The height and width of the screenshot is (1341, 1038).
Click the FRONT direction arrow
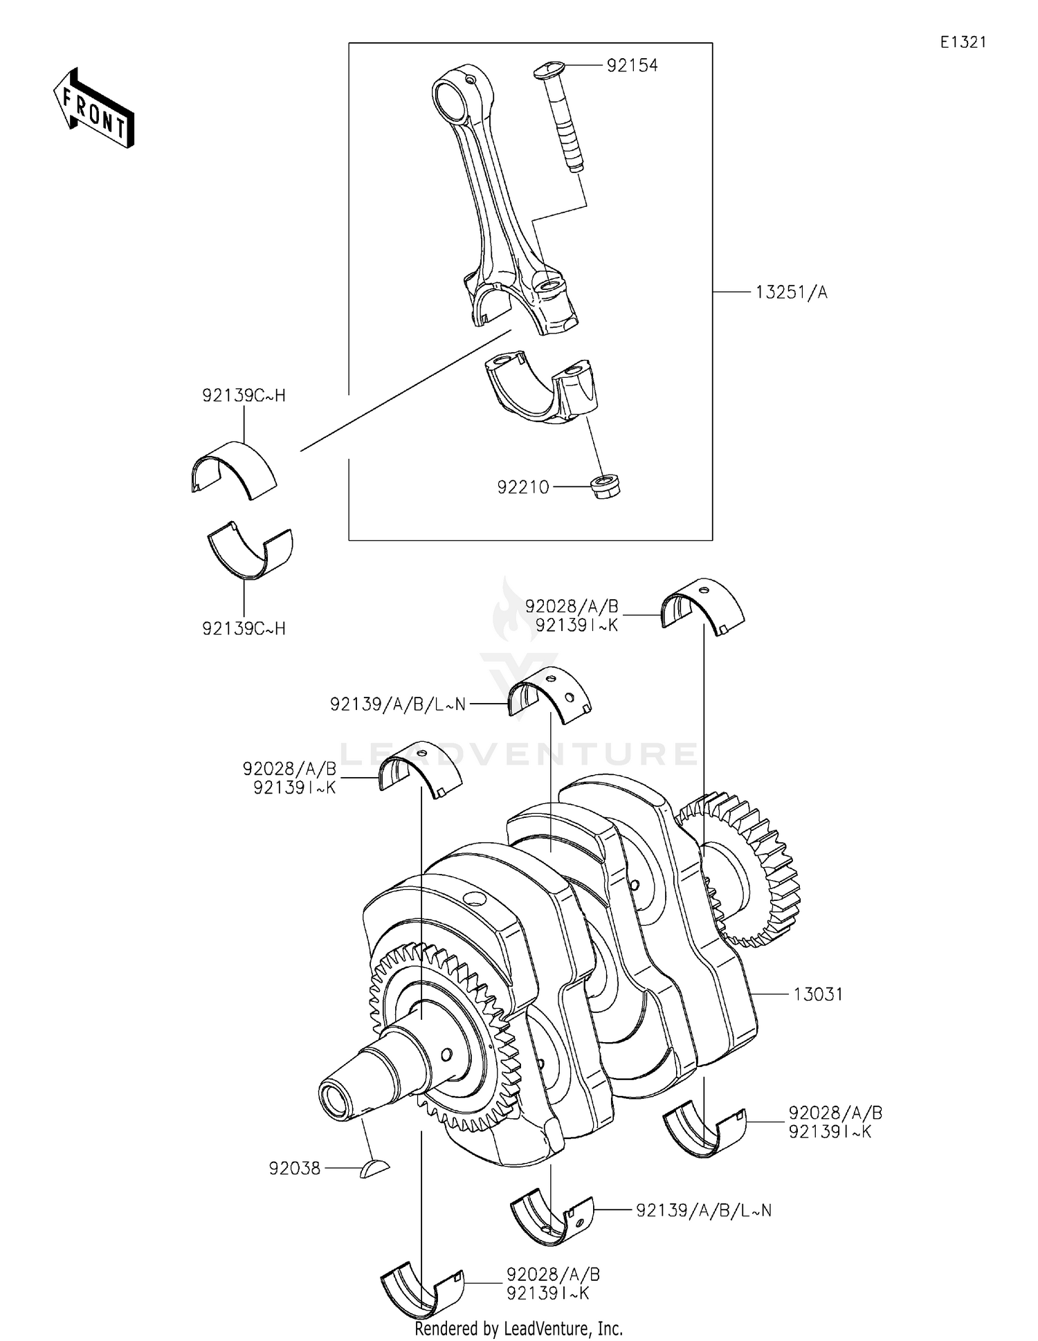[94, 109]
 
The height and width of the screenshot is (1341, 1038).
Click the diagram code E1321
[963, 42]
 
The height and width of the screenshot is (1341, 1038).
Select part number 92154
[632, 65]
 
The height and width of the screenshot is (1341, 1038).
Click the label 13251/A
[790, 293]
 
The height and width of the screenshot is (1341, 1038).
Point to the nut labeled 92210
[605, 486]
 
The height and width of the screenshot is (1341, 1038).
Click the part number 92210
[522, 487]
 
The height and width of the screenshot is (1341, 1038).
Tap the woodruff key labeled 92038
[374, 1169]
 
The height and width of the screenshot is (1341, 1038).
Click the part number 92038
[295, 1169]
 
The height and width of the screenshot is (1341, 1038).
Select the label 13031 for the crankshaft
[817, 994]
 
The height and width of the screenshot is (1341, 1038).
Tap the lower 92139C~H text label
[244, 628]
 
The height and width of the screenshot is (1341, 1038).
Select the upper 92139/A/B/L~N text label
[398, 704]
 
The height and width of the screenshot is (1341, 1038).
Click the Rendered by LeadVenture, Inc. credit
[518, 1329]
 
